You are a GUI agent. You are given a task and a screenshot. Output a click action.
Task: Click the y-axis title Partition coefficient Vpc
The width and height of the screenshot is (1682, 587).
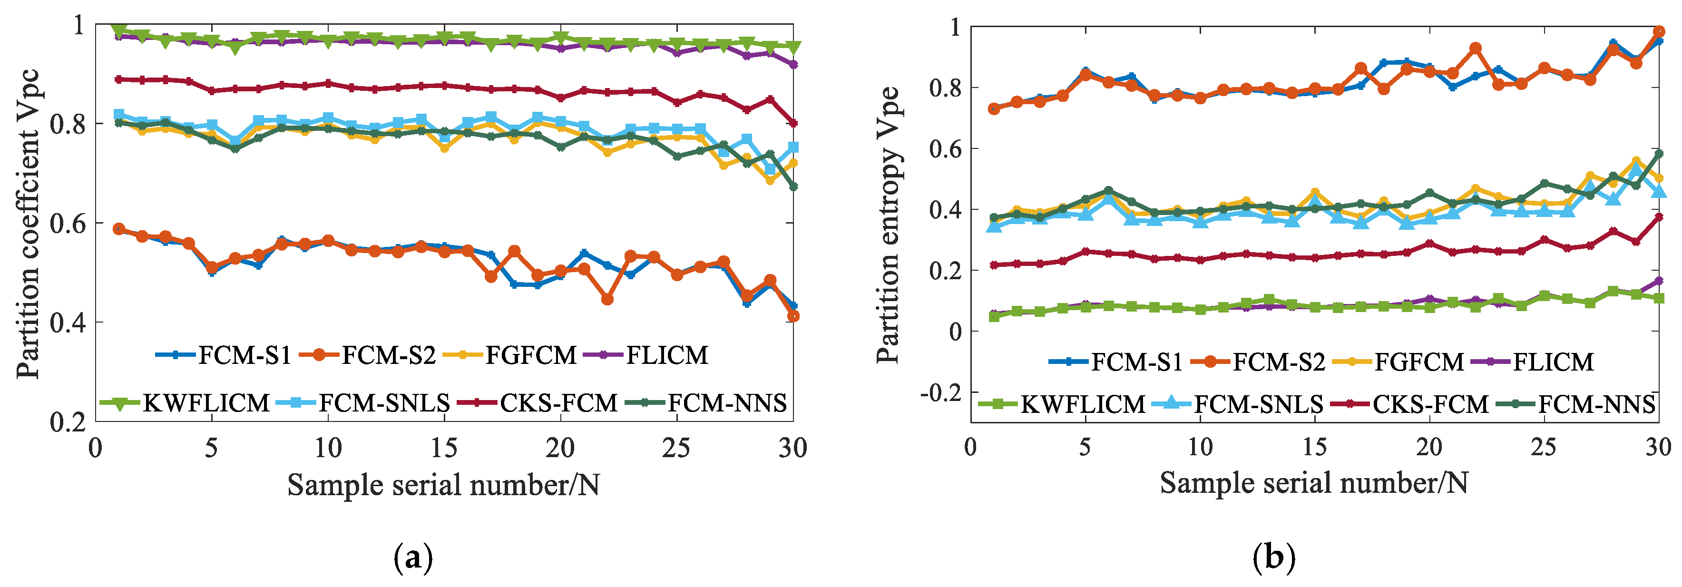(x=28, y=223)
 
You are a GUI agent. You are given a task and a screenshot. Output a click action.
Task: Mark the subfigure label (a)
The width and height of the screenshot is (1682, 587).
(x=413, y=559)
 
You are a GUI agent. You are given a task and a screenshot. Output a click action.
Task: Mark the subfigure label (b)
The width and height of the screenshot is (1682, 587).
(x=1274, y=559)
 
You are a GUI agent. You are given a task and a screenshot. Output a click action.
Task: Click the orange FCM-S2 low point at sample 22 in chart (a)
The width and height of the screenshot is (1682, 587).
(x=607, y=299)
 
